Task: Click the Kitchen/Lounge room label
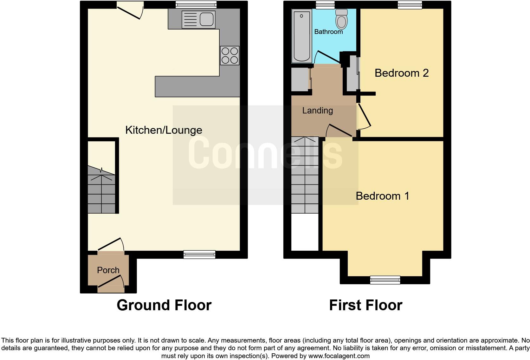(164, 130)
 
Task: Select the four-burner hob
(230, 55)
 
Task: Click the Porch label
(108, 270)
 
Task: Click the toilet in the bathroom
(341, 19)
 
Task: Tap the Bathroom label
(328, 32)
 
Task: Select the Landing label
(317, 111)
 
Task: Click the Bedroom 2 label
(401, 73)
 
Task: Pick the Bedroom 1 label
(382, 196)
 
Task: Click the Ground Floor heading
(164, 305)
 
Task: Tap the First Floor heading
(365, 305)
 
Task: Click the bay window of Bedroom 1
(385, 280)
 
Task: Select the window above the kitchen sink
(196, 4)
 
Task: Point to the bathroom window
(325, 4)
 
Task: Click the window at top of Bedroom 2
(410, 4)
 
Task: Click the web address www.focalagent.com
(339, 356)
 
